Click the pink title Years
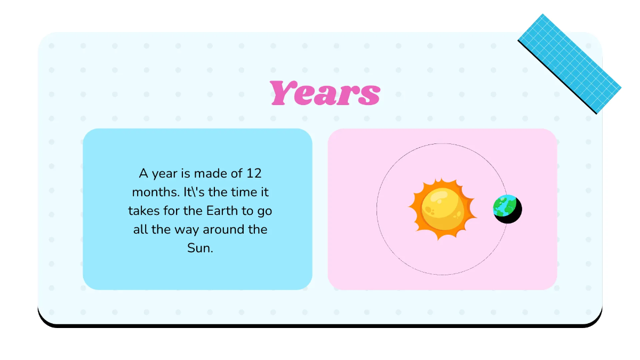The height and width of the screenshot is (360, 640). point(325,93)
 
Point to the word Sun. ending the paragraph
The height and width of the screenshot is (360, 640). point(200,248)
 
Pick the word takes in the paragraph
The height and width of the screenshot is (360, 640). point(141,211)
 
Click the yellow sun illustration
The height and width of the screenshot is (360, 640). point(442,209)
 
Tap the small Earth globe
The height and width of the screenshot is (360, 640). point(504,205)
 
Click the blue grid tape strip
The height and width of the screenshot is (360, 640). point(569,63)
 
